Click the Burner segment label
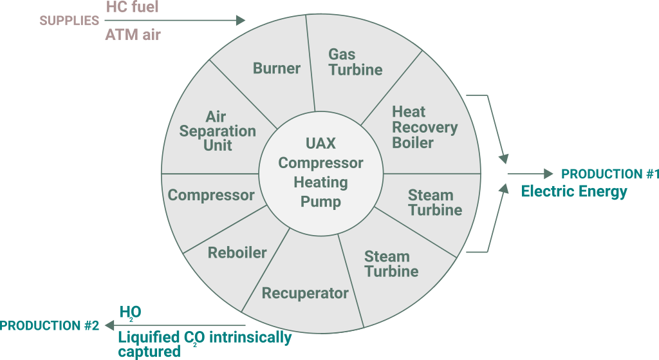(277, 68)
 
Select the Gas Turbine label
(355, 62)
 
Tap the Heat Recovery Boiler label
(424, 127)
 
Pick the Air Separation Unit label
(218, 131)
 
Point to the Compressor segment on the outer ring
(211, 194)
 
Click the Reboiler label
(237, 252)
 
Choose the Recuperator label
(305, 293)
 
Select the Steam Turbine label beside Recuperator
(391, 264)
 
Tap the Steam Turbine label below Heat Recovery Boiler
(435, 202)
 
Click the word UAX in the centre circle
(320, 143)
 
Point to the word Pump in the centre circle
(320, 202)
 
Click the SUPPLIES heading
(70, 21)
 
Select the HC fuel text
(132, 7)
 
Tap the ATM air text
(133, 34)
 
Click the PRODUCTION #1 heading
(610, 174)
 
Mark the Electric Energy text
(573, 191)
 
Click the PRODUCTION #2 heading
(50, 325)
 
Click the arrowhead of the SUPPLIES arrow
(241, 21)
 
